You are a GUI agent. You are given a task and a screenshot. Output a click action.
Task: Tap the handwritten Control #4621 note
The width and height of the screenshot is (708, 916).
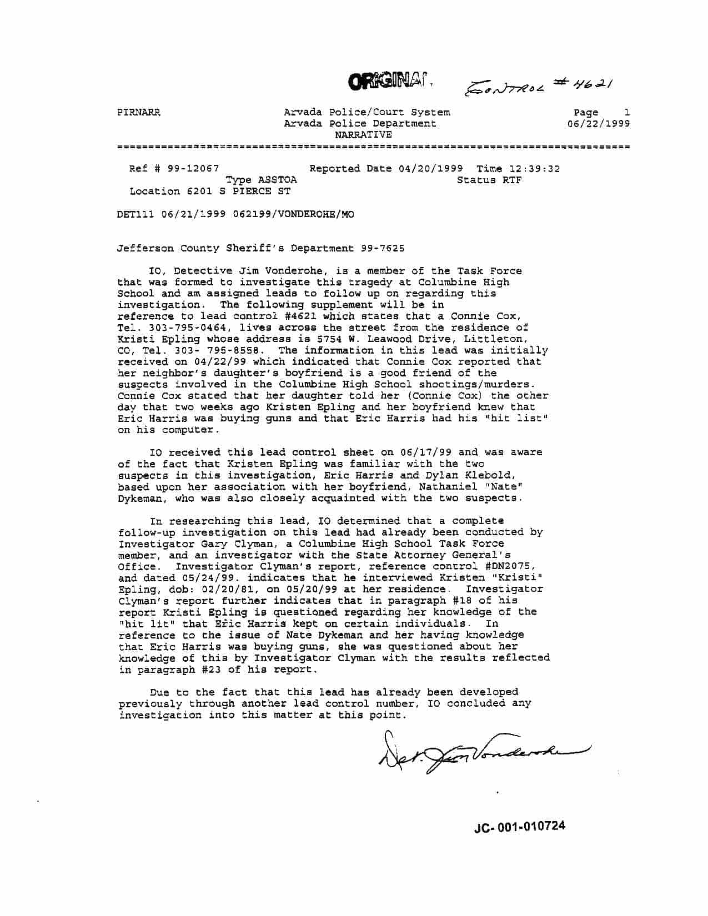538,83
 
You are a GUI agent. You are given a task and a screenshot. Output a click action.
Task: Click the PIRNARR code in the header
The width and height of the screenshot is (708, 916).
139,112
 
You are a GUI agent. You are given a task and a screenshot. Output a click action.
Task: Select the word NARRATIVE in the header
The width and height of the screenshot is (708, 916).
363,135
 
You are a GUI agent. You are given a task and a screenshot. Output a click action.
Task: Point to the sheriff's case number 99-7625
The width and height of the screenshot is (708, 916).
383,248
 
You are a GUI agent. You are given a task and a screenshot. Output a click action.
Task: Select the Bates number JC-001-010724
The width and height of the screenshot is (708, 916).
520,827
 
